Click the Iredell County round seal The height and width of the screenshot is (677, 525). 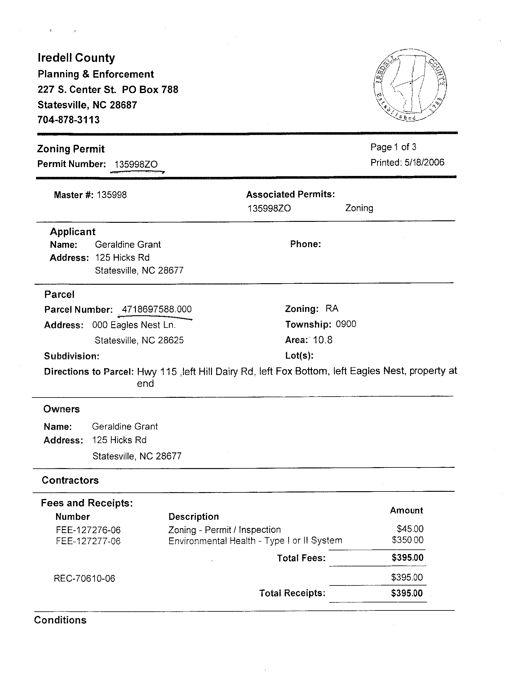(x=410, y=85)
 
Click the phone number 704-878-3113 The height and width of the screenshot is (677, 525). (x=68, y=120)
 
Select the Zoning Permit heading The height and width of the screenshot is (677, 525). (x=71, y=149)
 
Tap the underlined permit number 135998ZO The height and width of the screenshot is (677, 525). (x=136, y=164)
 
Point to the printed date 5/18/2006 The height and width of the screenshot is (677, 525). (x=424, y=162)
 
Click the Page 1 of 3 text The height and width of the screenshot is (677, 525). (x=393, y=147)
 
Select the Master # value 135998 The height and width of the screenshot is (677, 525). (x=112, y=195)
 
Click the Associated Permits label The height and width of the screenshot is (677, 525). (x=291, y=194)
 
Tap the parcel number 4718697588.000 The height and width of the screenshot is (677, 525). (x=157, y=309)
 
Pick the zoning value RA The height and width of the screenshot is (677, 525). (x=332, y=308)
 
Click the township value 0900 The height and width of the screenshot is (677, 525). (x=346, y=324)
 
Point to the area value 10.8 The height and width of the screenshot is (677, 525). (x=323, y=340)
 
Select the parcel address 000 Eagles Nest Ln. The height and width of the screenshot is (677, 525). (x=134, y=325)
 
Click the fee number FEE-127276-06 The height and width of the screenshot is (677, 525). (x=88, y=530)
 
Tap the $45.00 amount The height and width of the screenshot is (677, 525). (x=410, y=529)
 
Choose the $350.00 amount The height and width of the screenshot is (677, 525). (x=408, y=540)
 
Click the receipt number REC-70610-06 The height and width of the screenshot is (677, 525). (x=84, y=578)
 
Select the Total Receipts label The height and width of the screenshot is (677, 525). (x=292, y=593)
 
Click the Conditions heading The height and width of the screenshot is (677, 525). (x=60, y=620)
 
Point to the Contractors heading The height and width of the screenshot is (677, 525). (x=70, y=480)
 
